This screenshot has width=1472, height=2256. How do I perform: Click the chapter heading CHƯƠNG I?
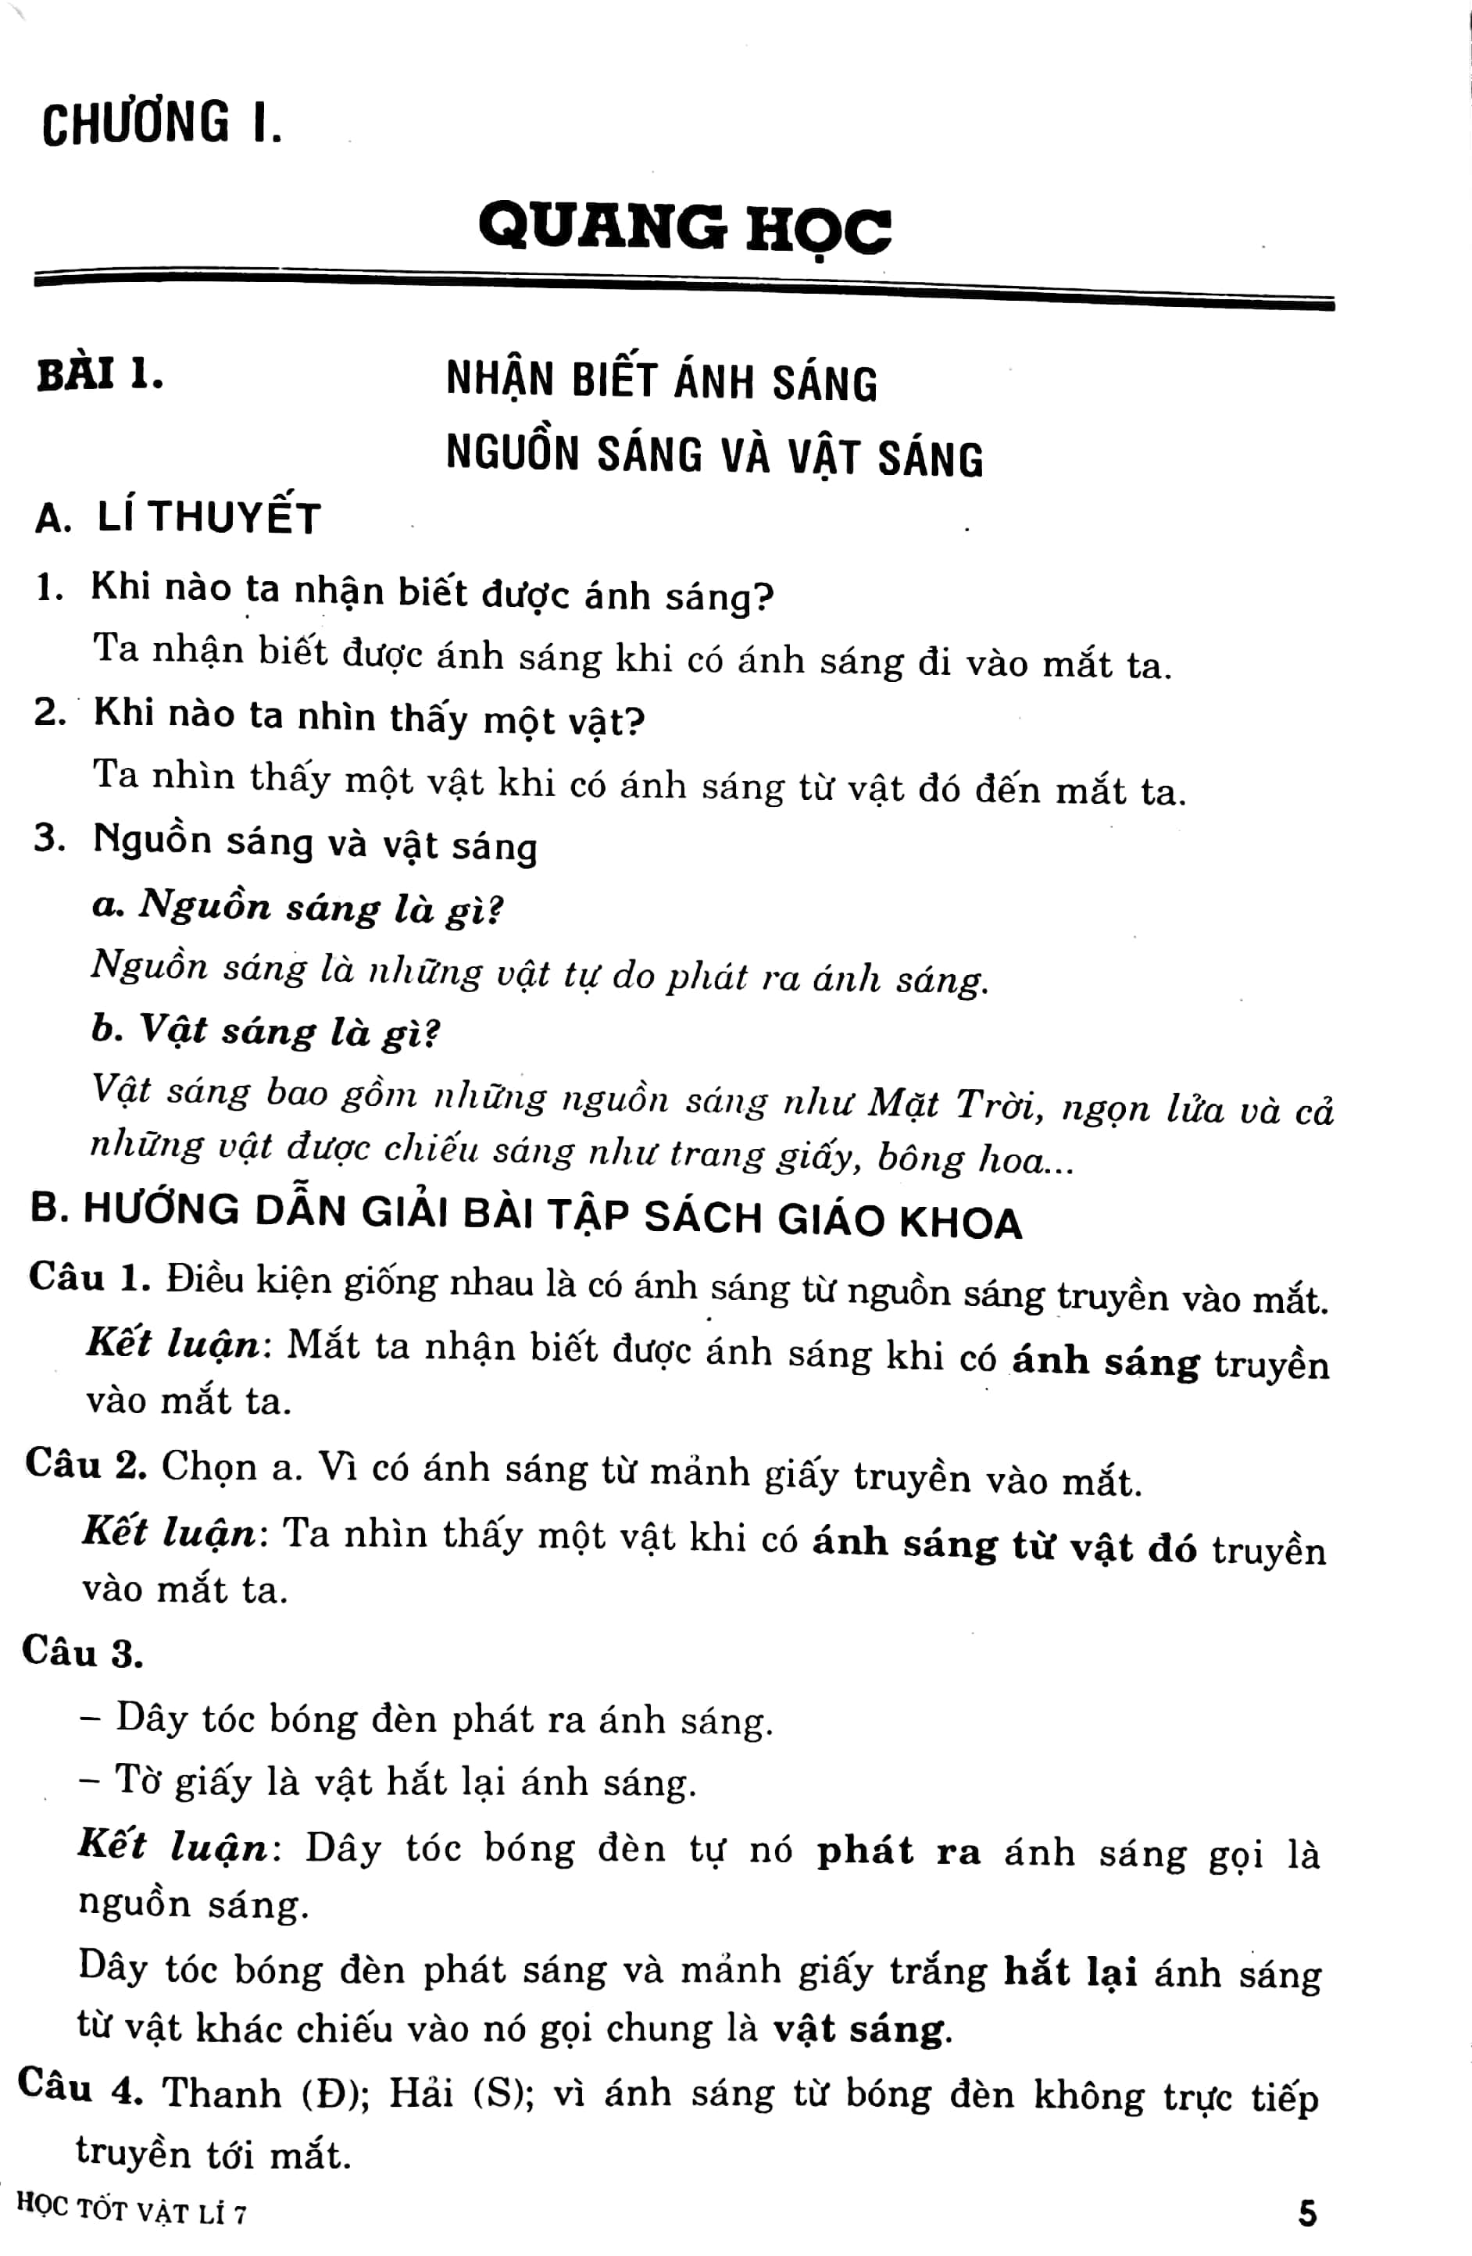pos(162,123)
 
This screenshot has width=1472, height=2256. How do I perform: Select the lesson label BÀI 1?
pos(99,374)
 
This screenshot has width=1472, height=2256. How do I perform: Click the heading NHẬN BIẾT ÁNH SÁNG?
pos(662,381)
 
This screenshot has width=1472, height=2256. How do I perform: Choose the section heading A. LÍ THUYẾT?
pos(177,518)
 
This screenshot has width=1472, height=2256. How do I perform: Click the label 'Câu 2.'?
pos(86,1465)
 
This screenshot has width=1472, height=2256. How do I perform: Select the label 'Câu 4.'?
pos(80,2088)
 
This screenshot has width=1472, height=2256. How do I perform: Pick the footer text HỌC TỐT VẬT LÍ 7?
pos(132,2211)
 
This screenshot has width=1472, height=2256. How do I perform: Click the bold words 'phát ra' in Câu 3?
pos(898,1851)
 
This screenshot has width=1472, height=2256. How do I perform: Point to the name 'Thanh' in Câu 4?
pos(222,2093)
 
